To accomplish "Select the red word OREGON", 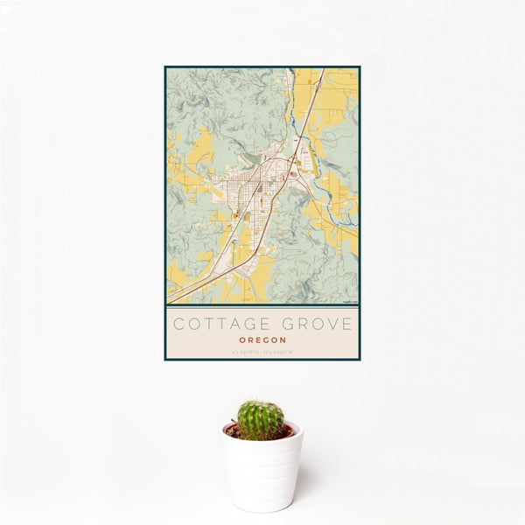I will point(262,341).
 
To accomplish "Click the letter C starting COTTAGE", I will point(178,325).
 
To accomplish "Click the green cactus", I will point(260,420).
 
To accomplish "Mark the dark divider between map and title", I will point(262,305).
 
